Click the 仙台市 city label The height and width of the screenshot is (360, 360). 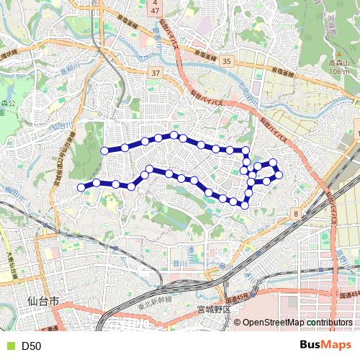coord(41,300)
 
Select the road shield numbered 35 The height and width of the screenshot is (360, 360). coord(227,62)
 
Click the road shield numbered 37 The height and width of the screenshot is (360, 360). coord(156,73)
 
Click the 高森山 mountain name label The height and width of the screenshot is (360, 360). coord(338,63)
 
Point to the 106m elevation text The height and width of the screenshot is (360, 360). coord(338,71)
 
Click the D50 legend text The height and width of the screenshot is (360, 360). coord(31,346)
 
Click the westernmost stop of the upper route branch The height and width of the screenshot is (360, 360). coord(105,150)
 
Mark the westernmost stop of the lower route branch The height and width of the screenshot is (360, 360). coord(81,187)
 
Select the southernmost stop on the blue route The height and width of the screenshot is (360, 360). coord(244,204)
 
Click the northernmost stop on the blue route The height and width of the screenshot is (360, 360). coord(174,135)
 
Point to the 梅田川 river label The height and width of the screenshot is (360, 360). coord(16,192)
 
